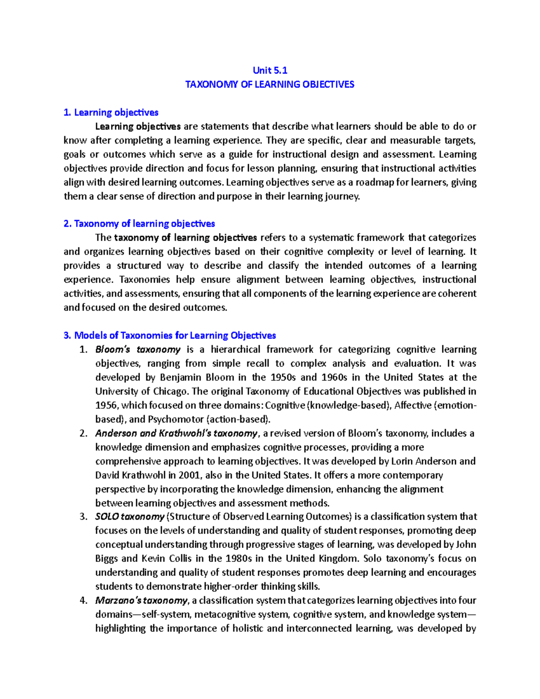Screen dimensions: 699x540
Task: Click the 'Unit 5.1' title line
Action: [x=270, y=70]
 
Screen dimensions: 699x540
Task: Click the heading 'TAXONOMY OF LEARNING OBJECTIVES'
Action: [x=270, y=84]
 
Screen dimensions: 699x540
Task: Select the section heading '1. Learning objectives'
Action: [x=111, y=113]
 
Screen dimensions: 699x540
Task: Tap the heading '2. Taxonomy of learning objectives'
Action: [x=139, y=224]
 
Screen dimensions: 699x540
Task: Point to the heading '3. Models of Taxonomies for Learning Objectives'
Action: [x=170, y=335]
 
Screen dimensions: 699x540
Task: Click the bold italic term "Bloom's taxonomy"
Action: [x=138, y=350]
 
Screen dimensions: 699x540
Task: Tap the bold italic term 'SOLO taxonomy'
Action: [x=130, y=517]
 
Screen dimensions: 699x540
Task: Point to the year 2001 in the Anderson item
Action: [x=189, y=475]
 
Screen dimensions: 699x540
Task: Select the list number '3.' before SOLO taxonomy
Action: [x=83, y=517]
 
